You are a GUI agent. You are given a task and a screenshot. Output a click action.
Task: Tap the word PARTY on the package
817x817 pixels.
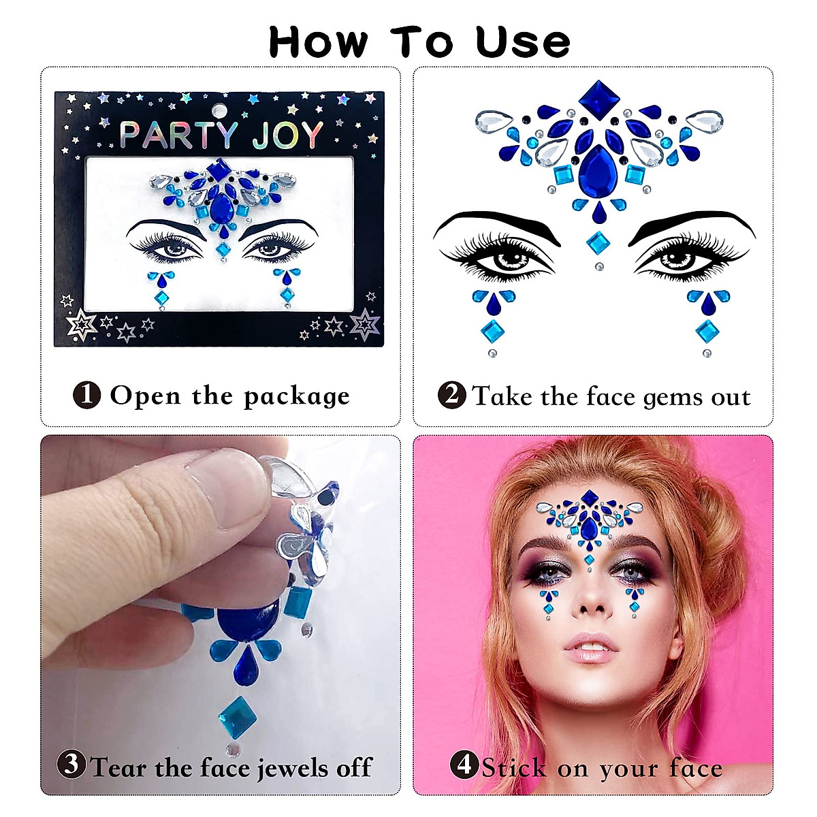pos(179,135)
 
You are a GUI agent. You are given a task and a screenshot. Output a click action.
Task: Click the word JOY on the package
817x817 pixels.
pos(287,135)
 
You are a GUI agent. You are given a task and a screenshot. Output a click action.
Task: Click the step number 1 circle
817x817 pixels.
pos(86,395)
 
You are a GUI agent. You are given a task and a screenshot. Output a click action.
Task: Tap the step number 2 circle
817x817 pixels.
pos(451,395)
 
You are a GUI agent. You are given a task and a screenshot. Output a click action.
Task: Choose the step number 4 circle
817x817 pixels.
pos(464,765)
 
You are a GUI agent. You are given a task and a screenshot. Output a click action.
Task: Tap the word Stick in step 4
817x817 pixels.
pos(514,769)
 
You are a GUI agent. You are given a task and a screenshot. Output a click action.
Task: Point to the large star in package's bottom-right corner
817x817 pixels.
pos(365,324)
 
